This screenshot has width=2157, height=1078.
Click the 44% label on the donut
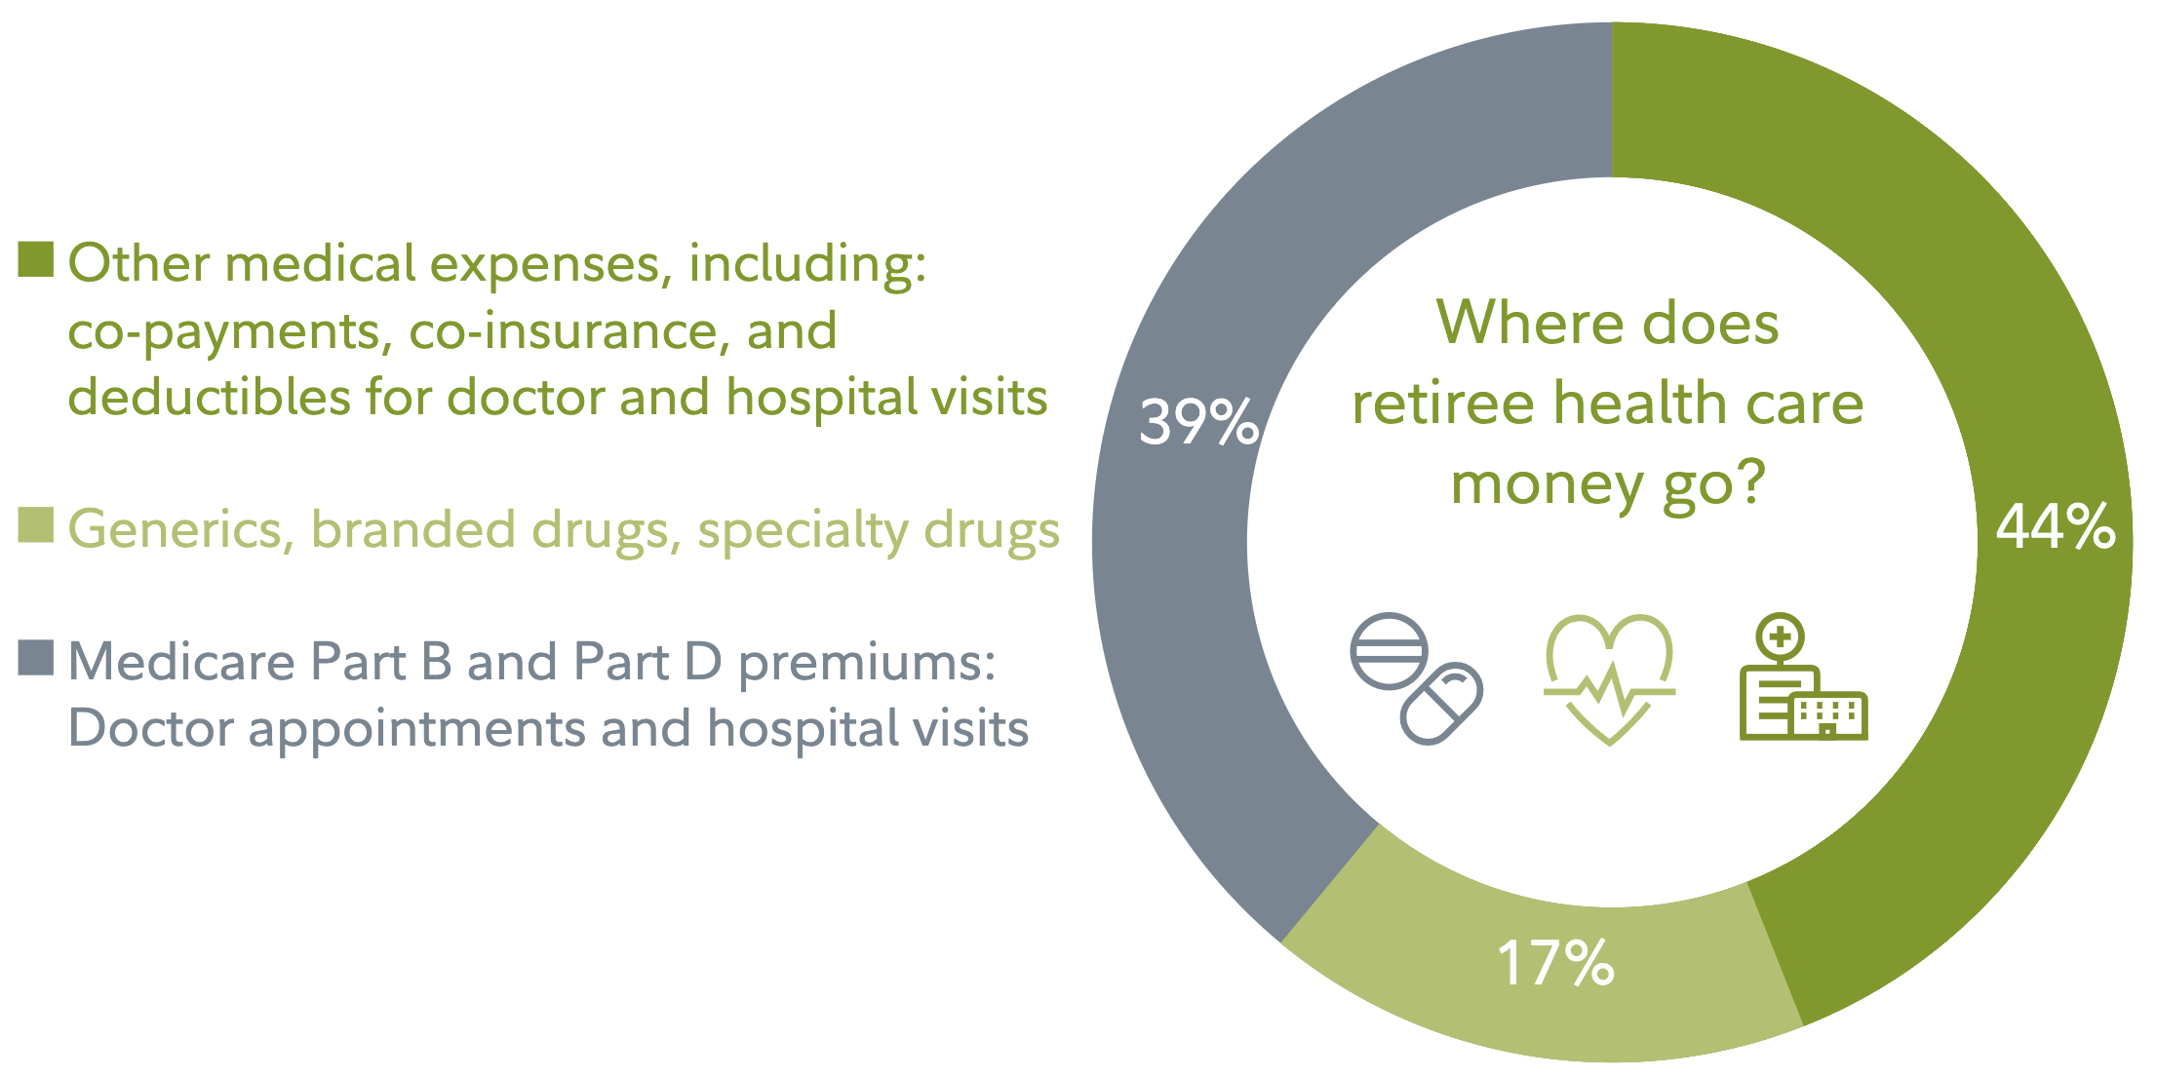click(2056, 526)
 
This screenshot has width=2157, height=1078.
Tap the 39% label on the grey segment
click(1199, 422)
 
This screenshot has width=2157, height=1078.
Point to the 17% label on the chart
click(1555, 963)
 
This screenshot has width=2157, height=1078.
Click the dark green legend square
click(36, 259)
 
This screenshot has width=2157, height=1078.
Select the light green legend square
click(36, 524)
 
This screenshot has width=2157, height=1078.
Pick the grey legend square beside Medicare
click(36, 657)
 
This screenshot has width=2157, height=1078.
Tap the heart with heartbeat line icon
click(1609, 679)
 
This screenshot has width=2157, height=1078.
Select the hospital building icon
click(1804, 676)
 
